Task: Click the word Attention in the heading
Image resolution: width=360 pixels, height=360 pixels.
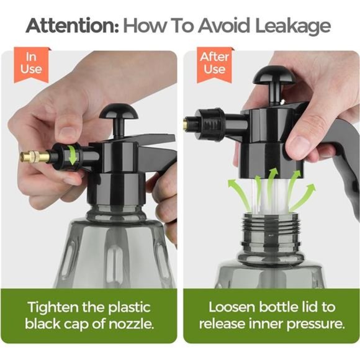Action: pos(72,25)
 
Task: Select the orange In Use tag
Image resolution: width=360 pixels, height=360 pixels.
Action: pos(32,65)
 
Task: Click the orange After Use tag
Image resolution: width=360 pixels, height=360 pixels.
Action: pos(215,65)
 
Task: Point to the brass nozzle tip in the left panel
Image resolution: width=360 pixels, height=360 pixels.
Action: pos(35,156)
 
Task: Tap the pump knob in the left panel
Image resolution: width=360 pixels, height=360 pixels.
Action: pos(119,112)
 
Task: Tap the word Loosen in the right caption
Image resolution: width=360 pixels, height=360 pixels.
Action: pos(232,307)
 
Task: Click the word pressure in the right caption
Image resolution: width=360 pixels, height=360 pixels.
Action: pos(316,325)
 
